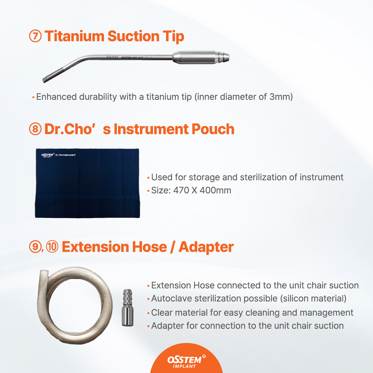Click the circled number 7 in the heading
coord(35,36)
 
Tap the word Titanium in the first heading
coord(74,36)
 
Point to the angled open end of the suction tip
coord(44,80)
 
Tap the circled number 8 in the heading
coord(35,129)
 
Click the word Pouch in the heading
coord(213,129)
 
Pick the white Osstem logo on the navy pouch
coord(48,155)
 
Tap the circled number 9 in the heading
coord(35,247)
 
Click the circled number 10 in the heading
coord(52,247)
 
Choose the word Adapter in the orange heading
coord(206,247)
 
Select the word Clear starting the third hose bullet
coord(162,313)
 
